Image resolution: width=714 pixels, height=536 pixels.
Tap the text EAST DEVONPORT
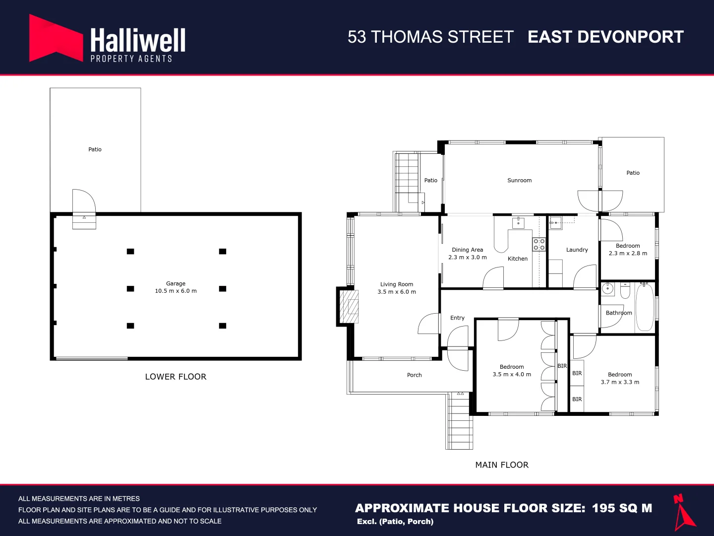(x=605, y=37)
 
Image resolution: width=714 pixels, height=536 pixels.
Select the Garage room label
(x=176, y=283)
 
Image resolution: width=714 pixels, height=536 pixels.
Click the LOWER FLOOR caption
(x=176, y=377)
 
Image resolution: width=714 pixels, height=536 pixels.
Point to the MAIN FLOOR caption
(x=502, y=465)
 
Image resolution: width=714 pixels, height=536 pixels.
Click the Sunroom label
(x=519, y=181)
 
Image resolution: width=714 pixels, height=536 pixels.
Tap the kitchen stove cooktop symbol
(x=539, y=244)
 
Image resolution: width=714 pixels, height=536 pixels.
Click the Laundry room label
(x=577, y=250)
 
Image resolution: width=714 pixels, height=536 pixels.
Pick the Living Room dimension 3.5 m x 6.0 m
(x=397, y=292)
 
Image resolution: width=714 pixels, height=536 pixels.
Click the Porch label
(x=414, y=375)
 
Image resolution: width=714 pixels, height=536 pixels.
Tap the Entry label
(x=457, y=318)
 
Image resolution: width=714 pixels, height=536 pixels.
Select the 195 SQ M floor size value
(x=622, y=508)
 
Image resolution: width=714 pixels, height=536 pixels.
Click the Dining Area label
(x=467, y=250)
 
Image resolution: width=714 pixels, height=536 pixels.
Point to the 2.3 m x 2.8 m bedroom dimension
(x=628, y=253)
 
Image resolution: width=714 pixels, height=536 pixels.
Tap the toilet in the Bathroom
(x=625, y=290)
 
